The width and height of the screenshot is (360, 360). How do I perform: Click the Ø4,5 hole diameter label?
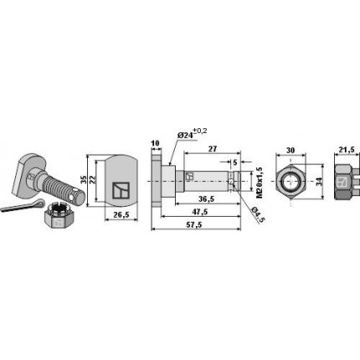(x=259, y=216)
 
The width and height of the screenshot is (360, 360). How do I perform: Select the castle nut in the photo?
(x=55, y=224)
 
